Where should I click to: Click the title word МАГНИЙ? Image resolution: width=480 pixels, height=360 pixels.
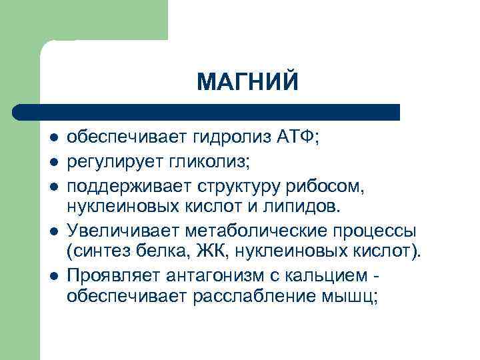pyautogui.click(x=248, y=82)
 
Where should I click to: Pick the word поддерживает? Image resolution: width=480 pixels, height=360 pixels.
pyautogui.click(x=118, y=182)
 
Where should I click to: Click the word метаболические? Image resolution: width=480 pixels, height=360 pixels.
pyautogui.click(x=240, y=230)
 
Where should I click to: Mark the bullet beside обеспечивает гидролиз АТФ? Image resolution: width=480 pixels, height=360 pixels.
pyautogui.click(x=53, y=139)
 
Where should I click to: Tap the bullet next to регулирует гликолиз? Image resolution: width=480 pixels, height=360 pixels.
pyautogui.click(x=53, y=161)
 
